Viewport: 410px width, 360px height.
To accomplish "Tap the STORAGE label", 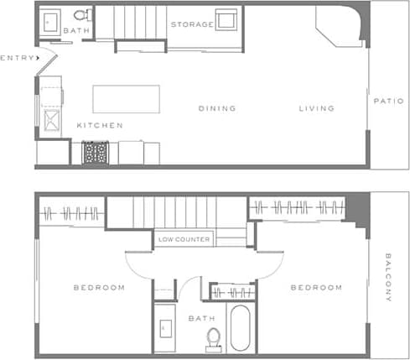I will coord(192,24).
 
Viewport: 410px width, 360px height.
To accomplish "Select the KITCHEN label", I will coord(100,125).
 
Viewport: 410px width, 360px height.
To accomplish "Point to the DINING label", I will coord(217,108).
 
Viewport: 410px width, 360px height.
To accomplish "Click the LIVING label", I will coord(317,108).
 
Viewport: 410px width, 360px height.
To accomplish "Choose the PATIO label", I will coord(389,101).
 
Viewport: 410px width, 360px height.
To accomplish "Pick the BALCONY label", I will coord(389,277).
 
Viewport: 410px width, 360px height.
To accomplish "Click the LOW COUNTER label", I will coord(184,239).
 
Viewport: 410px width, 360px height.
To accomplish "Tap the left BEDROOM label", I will coord(99,287).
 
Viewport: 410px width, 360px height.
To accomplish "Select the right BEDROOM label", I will coord(316,287).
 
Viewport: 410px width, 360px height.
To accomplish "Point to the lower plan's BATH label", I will coord(201,318).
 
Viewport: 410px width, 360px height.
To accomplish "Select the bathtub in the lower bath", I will coord(240,328).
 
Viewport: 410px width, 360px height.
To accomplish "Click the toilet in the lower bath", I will coord(213,337).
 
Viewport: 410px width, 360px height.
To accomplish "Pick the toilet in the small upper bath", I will coord(81,14).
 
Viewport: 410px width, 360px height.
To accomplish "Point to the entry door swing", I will coord(46,59).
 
